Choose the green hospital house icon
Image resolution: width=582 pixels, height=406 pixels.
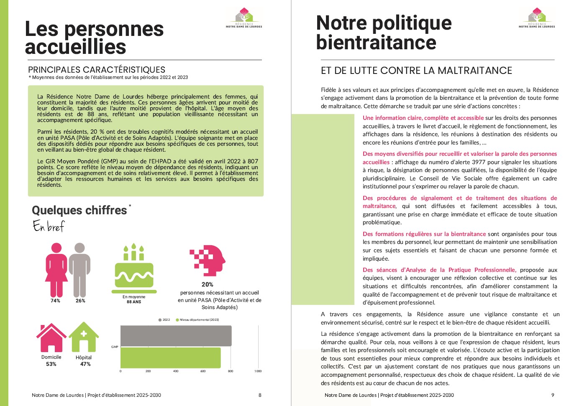pos(84,337)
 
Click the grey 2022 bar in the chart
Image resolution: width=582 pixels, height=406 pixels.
pos(176,336)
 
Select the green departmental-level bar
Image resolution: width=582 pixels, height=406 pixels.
pos(170,358)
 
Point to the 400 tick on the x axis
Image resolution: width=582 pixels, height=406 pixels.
pos(176,371)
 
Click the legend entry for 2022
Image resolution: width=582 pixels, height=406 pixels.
pos(164,320)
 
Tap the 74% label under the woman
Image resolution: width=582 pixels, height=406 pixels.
pos(55,301)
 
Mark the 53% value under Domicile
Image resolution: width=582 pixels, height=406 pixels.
pos(51,364)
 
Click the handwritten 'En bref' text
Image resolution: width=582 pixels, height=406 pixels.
pos(49,226)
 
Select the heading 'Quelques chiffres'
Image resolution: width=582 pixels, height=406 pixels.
pos(79,210)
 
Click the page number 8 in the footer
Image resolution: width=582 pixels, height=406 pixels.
pos(260,395)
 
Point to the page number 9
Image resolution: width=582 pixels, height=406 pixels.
pos(553,395)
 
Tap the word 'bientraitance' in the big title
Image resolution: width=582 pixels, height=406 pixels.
pos(376,43)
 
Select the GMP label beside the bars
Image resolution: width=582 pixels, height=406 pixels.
pos(115,347)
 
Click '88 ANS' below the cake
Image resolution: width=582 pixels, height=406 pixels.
pos(134,302)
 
